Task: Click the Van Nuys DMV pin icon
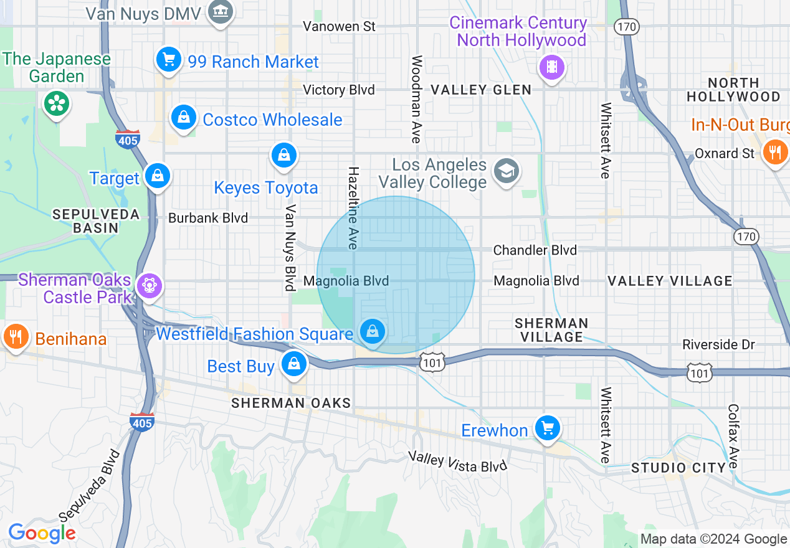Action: point(220,12)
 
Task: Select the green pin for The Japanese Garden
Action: point(57,103)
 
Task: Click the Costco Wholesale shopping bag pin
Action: point(184,118)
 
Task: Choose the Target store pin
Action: point(158,177)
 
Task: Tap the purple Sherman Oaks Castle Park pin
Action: point(150,286)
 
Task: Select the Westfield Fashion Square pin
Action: point(373,333)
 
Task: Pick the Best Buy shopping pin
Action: point(293,364)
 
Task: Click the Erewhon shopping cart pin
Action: point(547,428)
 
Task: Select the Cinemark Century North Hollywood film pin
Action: point(551,67)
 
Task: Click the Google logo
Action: point(42,533)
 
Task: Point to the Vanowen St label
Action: point(340,26)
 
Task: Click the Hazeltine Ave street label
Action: point(353,208)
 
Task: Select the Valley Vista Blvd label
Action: point(458,461)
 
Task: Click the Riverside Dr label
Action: point(718,344)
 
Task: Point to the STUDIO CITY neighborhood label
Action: point(678,468)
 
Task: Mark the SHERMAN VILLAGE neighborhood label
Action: point(551,330)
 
